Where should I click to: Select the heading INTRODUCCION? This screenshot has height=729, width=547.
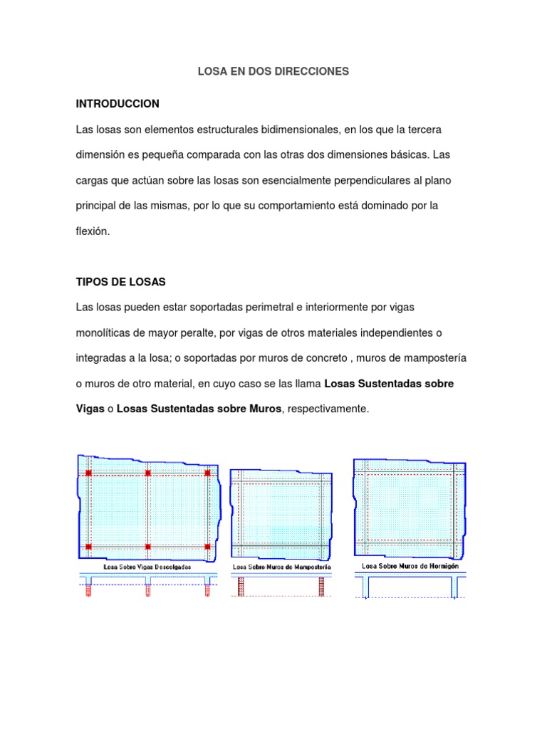118,104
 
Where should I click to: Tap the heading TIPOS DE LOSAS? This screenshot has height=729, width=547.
120,282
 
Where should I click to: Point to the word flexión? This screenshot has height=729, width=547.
93,231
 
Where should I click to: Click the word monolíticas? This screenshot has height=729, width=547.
105,333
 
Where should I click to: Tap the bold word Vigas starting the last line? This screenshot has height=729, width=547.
90,409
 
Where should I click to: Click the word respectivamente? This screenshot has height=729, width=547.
327,409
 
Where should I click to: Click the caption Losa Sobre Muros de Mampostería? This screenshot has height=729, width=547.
281,567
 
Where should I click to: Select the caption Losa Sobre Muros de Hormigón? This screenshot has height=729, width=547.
411,566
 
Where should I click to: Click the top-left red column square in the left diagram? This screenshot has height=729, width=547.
88,473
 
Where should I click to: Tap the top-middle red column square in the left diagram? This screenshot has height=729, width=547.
148,473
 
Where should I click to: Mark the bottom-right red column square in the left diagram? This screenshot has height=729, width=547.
207,547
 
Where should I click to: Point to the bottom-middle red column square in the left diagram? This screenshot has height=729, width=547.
148,547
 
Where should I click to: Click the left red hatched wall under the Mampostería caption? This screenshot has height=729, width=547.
240,586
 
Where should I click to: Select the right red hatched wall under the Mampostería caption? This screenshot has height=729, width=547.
322,586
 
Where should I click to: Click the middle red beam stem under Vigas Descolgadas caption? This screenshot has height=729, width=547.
148,589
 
